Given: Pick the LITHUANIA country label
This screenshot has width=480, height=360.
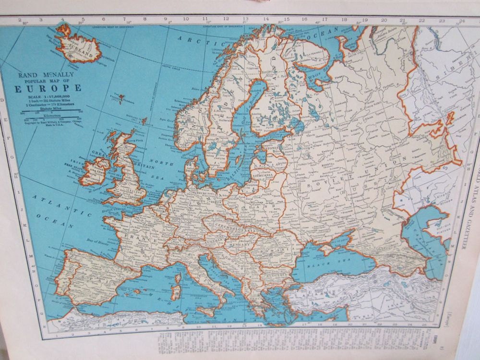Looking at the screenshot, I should coord(263,175).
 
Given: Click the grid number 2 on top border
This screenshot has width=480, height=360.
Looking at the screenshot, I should coord(20,21).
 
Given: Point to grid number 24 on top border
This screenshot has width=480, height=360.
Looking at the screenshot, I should coord(461,21).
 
